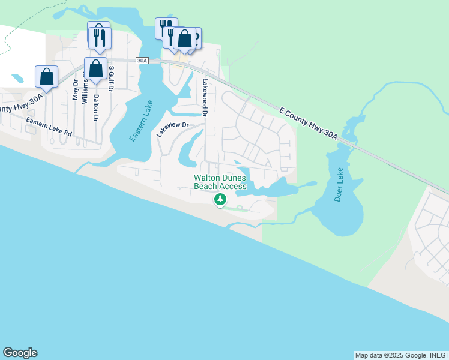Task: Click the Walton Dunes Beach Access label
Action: point(220,182)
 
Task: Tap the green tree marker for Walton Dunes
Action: point(220,200)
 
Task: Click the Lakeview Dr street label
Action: point(173,130)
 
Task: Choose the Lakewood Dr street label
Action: point(205,97)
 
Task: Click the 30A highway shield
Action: point(142,61)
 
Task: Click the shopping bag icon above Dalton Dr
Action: point(95,68)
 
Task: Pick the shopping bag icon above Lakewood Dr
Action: point(185,39)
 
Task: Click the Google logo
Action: point(20,353)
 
